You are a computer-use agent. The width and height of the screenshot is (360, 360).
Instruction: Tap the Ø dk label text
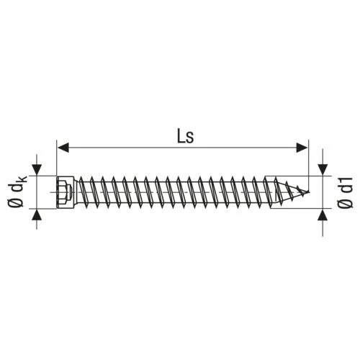18,192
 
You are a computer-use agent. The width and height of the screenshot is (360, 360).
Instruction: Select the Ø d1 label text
345,192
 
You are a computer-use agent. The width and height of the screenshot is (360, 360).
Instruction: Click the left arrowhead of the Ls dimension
63,147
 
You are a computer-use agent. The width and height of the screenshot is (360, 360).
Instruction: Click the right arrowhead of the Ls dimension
302,147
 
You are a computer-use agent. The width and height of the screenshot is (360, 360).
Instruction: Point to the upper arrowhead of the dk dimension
37,170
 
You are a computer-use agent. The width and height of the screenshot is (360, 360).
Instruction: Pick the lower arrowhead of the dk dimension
37,215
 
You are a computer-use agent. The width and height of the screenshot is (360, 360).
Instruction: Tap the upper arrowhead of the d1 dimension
323,170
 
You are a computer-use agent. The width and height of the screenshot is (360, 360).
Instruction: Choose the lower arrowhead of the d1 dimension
323,215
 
